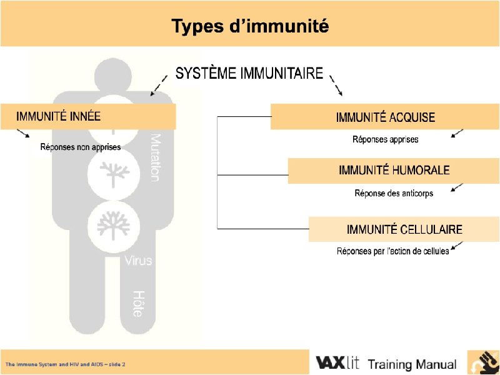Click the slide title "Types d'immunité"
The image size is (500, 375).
point(250,27)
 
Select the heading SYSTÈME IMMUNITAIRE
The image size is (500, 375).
point(249,74)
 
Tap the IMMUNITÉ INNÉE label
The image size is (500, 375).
point(58,116)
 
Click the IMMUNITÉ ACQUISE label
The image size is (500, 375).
point(385,117)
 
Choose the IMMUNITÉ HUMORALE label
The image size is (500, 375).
point(394,170)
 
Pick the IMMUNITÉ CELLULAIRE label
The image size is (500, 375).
point(404,229)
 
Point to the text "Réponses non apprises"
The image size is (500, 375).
point(81,147)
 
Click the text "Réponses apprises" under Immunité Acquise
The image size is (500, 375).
point(385,139)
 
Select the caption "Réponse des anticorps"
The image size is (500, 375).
point(394,193)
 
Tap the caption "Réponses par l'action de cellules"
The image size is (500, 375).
point(392,252)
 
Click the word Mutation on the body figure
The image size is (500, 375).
point(155,157)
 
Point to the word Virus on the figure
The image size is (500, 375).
point(137,260)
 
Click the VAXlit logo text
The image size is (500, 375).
point(337,363)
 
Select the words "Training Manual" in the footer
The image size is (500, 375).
point(412,364)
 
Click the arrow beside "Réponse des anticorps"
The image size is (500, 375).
point(457,187)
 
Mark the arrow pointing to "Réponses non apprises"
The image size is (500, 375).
point(23,133)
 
